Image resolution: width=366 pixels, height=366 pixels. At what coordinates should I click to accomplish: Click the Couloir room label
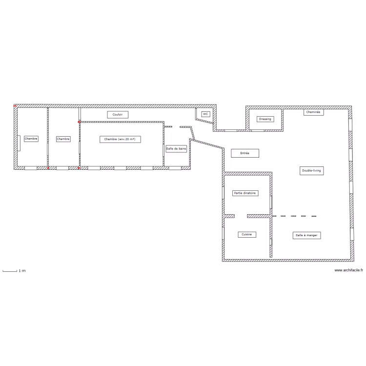118,115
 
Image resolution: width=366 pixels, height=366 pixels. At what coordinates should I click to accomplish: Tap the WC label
205,114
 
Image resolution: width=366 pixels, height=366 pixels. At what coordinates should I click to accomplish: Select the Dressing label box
265,119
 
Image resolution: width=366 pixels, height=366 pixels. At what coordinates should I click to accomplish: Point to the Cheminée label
313,112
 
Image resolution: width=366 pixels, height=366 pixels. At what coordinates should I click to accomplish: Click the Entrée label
245,153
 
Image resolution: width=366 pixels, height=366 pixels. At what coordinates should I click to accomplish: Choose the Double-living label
312,171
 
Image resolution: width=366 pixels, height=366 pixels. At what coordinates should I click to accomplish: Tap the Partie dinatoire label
245,193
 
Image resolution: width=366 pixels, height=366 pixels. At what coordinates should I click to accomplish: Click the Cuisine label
247,234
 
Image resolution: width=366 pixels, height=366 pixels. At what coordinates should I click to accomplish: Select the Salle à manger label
307,235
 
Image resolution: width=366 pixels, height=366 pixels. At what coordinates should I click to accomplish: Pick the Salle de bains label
176,149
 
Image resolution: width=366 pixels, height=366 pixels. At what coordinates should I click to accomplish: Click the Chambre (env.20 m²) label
120,139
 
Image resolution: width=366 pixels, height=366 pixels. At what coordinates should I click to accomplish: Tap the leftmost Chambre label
31,139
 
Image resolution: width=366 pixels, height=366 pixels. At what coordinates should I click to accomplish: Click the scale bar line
10,271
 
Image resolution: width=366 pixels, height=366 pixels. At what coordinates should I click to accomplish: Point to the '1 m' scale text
22,271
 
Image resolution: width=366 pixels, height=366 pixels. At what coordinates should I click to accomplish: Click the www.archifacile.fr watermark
349,270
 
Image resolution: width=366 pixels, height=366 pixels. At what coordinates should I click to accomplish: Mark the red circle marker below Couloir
79,122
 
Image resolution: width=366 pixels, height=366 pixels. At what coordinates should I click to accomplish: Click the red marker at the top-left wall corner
15,106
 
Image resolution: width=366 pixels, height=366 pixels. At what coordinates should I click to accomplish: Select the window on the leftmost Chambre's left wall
19,143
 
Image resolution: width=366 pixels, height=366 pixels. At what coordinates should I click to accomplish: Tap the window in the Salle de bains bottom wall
175,168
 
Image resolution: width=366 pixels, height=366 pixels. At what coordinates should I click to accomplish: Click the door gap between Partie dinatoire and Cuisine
241,216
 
